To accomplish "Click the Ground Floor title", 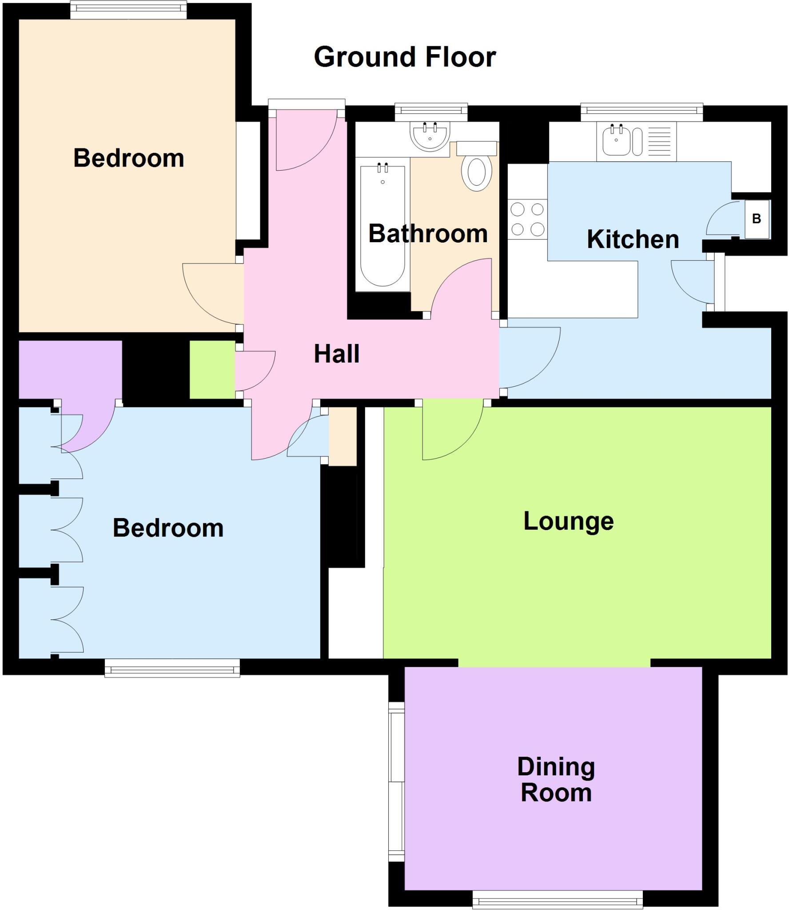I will [x=404, y=57].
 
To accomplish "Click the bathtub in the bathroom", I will [x=383, y=227].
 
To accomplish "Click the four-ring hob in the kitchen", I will [x=527, y=219].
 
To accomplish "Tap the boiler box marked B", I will [x=757, y=219].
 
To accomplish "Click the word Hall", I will [x=336, y=354].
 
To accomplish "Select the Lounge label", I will [x=568, y=521].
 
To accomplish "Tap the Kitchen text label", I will [x=633, y=239].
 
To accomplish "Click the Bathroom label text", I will [x=428, y=234].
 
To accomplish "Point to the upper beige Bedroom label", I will [x=128, y=158].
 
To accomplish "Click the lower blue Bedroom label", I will [x=168, y=528].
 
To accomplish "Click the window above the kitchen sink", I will [x=642, y=112].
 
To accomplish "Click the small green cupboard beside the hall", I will [x=212, y=369].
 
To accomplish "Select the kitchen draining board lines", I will [x=659, y=141].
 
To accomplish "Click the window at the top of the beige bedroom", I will [x=128, y=10].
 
